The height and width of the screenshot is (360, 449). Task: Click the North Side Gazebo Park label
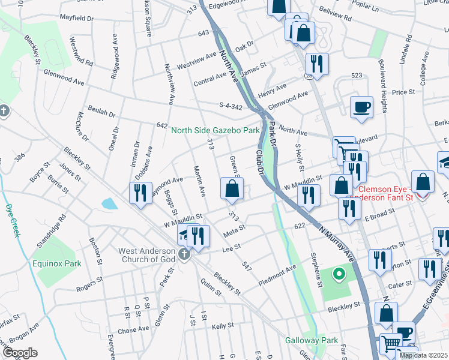pyautogui.click(x=215, y=130)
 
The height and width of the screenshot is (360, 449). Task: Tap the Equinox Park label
pyautogui.click(x=57, y=263)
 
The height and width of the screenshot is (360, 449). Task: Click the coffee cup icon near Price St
pyautogui.click(x=361, y=107)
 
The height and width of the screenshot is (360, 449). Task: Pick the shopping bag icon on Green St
pyautogui.click(x=232, y=189)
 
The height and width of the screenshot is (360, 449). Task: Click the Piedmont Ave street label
pyautogui.click(x=277, y=273)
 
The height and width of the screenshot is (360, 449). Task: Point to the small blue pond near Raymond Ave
pyautogui.click(x=109, y=204)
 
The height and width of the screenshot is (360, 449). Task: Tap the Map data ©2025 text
pyautogui.click(x=423, y=355)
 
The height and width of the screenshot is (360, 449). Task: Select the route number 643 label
pyautogui.click(x=203, y=33)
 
